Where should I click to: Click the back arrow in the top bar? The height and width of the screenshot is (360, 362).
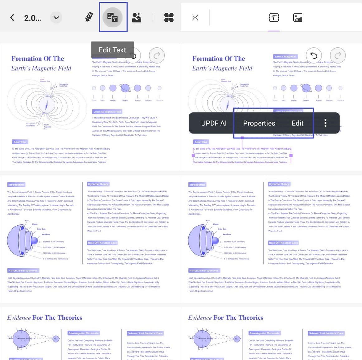pyautogui.click(x=12, y=17)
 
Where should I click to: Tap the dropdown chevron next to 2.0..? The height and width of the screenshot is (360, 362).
pyautogui.click(x=56, y=17)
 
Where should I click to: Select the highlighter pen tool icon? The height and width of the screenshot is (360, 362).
pyautogui.click(x=89, y=17)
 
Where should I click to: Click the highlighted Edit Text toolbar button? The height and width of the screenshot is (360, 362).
pyautogui.click(x=113, y=17)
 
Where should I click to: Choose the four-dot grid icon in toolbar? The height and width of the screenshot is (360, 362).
pyautogui.click(x=169, y=17)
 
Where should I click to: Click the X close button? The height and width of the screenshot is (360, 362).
pyautogui.click(x=195, y=17)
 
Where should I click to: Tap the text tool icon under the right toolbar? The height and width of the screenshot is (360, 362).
pyautogui.click(x=274, y=17)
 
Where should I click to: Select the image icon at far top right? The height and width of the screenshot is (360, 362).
pyautogui.click(x=298, y=17)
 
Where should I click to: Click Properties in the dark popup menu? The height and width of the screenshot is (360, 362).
pyautogui.click(x=259, y=123)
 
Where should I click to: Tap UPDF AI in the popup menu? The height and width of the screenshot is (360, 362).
pyautogui.click(x=214, y=123)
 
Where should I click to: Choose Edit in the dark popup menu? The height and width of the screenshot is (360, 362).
pyautogui.click(x=297, y=123)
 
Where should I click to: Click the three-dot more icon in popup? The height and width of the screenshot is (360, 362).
pyautogui.click(x=325, y=123)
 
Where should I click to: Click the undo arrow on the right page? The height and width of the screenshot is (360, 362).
pyautogui.click(x=313, y=56)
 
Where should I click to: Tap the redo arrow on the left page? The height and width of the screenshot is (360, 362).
pyautogui.click(x=157, y=56)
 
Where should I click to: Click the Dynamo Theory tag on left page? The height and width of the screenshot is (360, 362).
pyautogui.click(x=98, y=184)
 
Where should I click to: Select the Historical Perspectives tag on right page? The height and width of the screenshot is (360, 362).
pyautogui.click(x=204, y=270)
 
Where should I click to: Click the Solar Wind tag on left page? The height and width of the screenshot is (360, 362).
pyautogui.click(x=20, y=142)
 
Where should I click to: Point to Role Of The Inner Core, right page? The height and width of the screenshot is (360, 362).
pyautogui.click(x=283, y=243)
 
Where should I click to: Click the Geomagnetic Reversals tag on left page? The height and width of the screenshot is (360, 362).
pyautogui.click(x=83, y=333)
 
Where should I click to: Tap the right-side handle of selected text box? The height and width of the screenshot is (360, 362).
pyautogui.click(x=291, y=155)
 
